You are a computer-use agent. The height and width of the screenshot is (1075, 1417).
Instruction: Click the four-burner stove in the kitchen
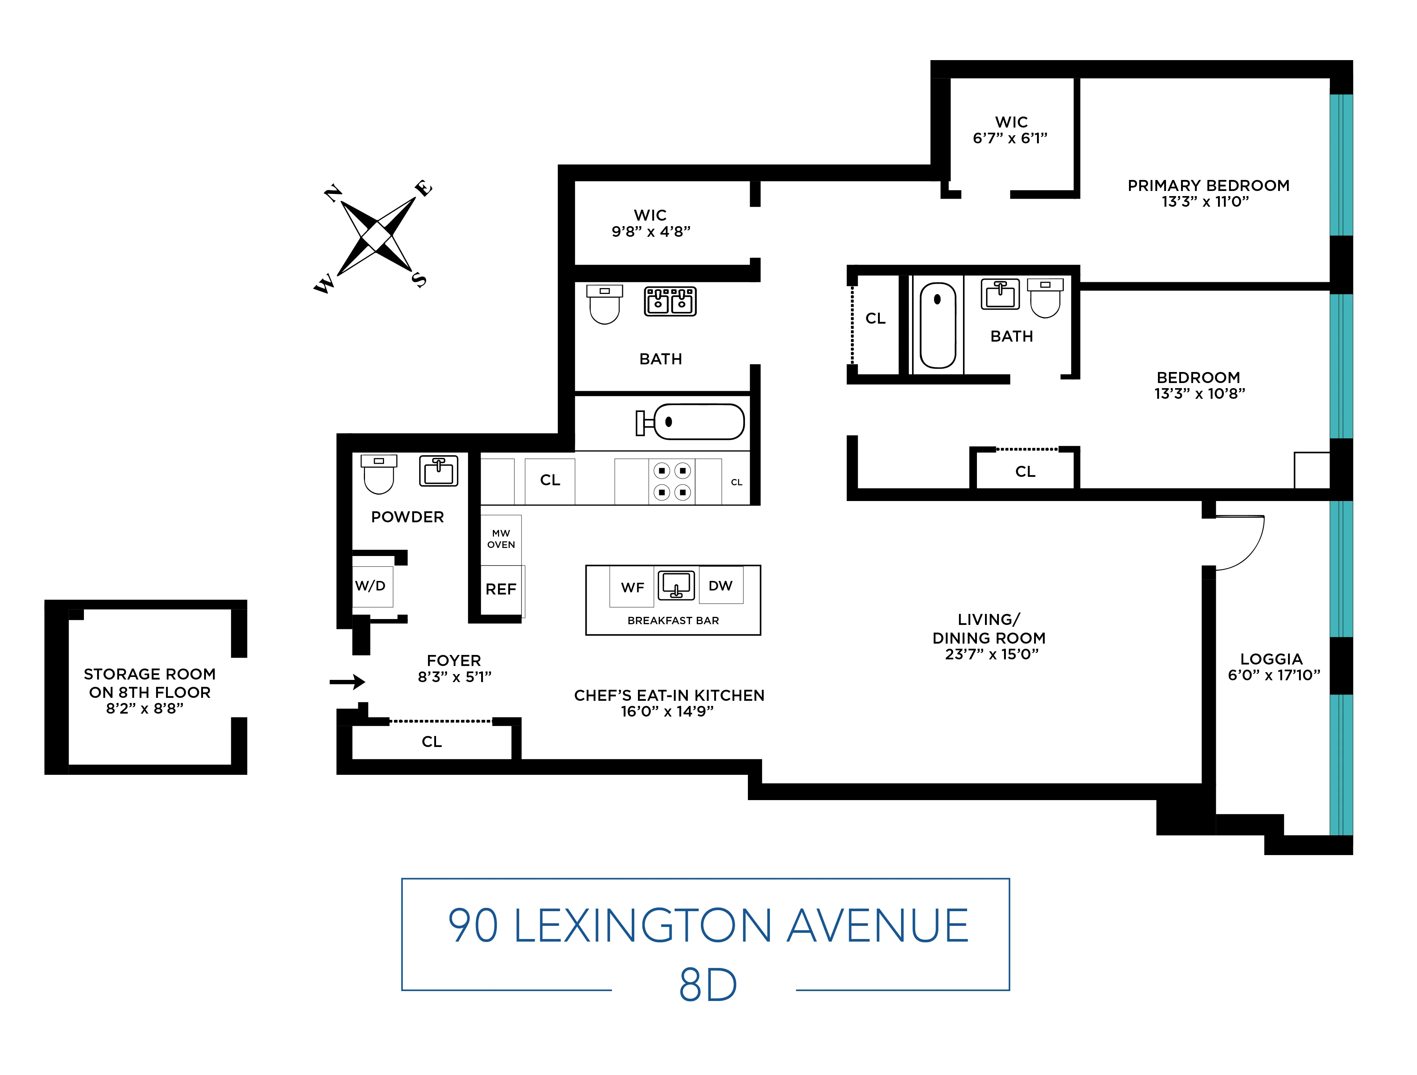[672, 481]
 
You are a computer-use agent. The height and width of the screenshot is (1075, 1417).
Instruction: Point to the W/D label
[370, 586]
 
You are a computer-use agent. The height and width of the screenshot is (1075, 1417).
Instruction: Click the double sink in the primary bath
[670, 301]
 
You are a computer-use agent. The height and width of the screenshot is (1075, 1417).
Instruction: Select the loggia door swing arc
[1249, 551]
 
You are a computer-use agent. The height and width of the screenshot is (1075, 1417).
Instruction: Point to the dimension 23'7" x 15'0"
[991, 654]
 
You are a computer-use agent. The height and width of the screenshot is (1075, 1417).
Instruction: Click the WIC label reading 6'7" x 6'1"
[1011, 130]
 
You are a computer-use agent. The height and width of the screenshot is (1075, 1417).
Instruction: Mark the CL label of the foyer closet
[432, 742]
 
